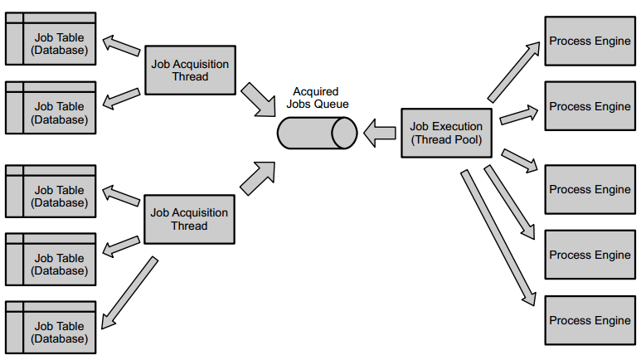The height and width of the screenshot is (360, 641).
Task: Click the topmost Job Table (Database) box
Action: point(51,38)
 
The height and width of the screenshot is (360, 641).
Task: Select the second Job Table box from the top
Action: point(51,107)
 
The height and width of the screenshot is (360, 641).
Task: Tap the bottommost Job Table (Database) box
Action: point(51,327)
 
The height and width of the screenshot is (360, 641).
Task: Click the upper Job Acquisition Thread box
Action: point(191,71)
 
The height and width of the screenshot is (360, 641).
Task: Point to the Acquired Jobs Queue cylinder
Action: point(317,133)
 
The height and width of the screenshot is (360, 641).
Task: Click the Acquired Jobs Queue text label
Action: point(317,98)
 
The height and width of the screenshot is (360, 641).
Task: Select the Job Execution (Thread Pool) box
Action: point(446,133)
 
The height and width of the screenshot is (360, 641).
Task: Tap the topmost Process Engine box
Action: point(590,41)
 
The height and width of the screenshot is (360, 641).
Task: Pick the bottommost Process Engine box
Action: point(590,320)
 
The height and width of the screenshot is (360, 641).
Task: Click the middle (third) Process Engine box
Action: point(590,189)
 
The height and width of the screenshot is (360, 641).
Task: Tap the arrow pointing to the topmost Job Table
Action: point(123,47)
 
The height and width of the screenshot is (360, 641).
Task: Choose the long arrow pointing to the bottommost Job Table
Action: point(129,292)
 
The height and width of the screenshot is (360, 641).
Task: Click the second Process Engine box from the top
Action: point(590,106)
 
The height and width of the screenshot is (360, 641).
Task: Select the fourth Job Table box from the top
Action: point(51,258)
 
